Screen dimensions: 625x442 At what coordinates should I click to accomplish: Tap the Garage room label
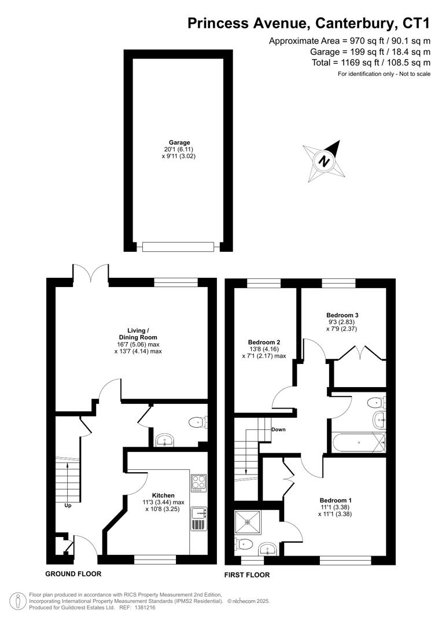179,142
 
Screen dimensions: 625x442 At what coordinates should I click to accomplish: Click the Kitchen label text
163,495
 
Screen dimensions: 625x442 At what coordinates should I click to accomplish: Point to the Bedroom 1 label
336,500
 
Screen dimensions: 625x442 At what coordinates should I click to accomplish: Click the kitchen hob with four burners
198,482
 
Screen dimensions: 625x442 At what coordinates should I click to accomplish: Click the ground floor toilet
197,422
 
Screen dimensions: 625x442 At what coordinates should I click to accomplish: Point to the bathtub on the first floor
359,443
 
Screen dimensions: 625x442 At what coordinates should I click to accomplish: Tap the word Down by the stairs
278,429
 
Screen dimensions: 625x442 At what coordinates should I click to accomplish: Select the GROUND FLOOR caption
73,574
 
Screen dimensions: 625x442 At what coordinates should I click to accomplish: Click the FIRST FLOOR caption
247,575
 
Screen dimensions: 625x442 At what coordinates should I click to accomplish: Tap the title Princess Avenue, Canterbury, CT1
309,23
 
